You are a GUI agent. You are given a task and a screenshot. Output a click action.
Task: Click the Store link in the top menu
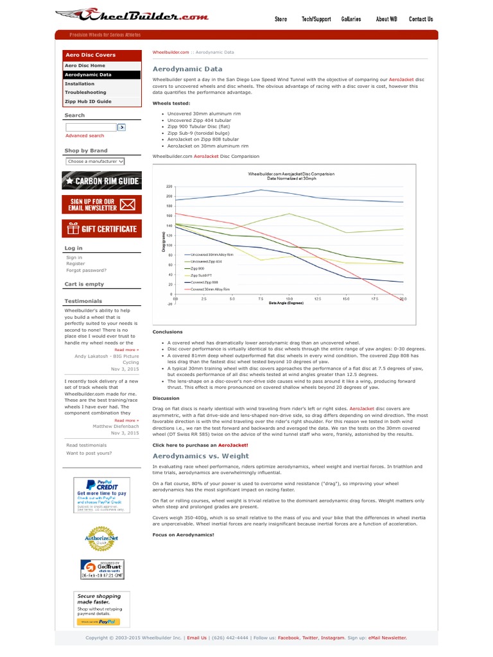(281, 19)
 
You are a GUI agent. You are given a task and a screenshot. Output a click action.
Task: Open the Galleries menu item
(350, 19)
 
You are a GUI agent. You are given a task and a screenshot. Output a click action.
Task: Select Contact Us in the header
(420, 19)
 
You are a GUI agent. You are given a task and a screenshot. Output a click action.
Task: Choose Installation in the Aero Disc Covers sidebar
(80, 83)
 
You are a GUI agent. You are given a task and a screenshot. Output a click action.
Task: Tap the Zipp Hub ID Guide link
(88, 101)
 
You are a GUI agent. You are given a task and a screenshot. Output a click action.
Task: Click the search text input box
(91, 128)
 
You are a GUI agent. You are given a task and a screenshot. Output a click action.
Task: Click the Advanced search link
(85, 136)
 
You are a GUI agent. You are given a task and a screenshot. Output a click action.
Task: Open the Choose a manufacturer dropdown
(95, 162)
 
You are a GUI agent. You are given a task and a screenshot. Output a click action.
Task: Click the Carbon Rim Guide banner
(102, 181)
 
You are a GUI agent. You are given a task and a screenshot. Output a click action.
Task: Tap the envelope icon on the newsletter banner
(128, 205)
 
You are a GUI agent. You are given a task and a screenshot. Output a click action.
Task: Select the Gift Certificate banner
(102, 229)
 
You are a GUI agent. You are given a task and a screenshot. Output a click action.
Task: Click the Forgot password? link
(86, 270)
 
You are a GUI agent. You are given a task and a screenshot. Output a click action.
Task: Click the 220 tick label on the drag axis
(169, 186)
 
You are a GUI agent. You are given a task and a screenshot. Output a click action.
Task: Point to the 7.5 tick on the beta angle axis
(261, 299)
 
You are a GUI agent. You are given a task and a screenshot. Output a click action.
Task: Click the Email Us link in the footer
(197, 638)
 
